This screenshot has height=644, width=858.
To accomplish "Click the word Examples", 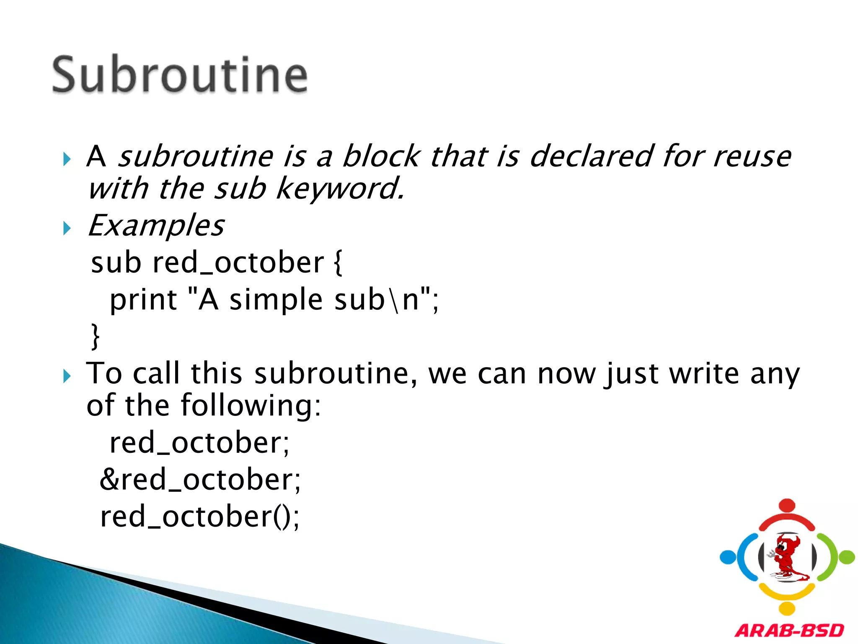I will pyautogui.click(x=156, y=226).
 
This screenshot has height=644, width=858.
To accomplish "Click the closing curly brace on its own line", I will pyautogui.click(x=96, y=336).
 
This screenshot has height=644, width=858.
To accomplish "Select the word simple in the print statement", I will pyautogui.click(x=276, y=300).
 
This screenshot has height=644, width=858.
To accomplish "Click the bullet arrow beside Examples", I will pyautogui.click(x=67, y=229).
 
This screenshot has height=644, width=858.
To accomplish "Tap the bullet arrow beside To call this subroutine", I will pyautogui.click(x=67, y=376).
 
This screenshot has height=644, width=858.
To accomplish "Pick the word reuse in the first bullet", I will pyautogui.click(x=752, y=156).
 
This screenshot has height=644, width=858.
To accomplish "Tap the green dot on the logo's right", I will pyautogui.click(x=847, y=557).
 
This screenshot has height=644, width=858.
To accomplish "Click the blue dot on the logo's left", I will pyautogui.click(x=728, y=557).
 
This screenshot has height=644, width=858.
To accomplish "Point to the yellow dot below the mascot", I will pyautogui.click(x=787, y=608).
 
